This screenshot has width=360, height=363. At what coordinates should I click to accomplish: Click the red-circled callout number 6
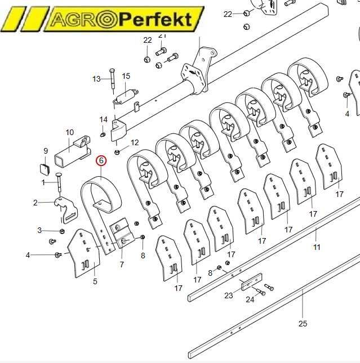(101, 160)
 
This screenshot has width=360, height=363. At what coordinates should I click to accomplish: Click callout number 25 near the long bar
(303, 323)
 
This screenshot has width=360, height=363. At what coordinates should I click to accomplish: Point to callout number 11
(317, 247)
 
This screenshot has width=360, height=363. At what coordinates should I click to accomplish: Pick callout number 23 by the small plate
(229, 295)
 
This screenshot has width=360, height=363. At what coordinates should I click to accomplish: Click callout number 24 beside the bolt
(250, 299)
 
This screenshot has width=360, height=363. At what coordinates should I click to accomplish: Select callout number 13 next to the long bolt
(96, 79)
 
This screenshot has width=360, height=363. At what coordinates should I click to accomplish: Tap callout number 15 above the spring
(126, 76)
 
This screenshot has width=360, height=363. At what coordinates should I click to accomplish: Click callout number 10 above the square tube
(70, 133)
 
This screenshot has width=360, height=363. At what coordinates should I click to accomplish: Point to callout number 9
(46, 151)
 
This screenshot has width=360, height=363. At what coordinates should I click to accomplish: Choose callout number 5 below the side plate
(95, 281)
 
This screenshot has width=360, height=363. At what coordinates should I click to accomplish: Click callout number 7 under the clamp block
(122, 264)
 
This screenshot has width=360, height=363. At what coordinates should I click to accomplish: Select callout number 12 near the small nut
(135, 142)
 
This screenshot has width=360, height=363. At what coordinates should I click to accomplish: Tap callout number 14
(103, 119)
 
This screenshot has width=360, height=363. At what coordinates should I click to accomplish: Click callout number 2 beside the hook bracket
(35, 203)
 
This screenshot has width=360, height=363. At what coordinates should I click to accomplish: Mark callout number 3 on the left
(39, 230)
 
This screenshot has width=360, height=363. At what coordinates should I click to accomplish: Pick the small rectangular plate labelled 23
(252, 282)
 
